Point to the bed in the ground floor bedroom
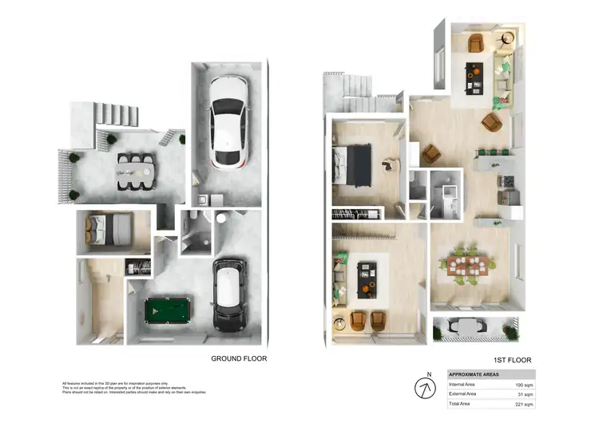point(109,231)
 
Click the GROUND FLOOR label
point(239,358)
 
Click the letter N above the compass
point(428,374)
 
